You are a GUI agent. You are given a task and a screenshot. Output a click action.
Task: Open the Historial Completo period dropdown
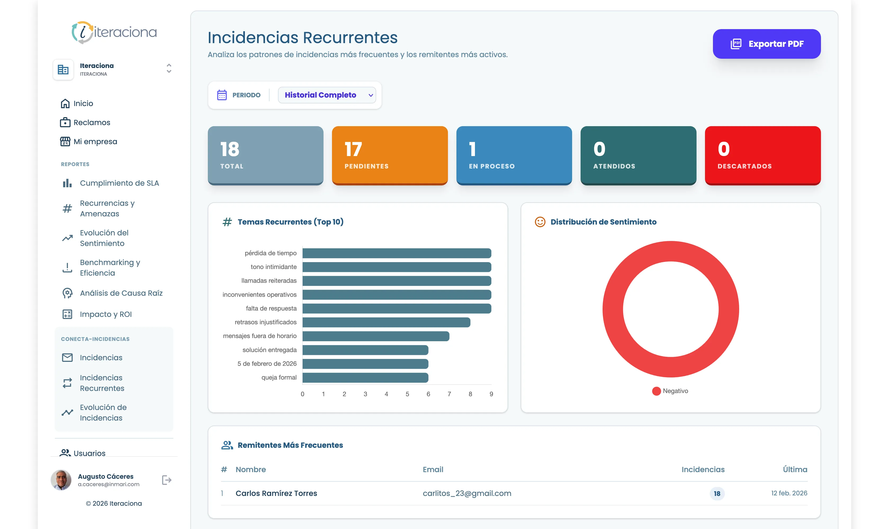click(326, 95)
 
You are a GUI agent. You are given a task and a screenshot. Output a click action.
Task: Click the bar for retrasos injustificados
click(386, 322)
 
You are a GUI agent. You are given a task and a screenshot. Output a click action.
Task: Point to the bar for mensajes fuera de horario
click(376, 336)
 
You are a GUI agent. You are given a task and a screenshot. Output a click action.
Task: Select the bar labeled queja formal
click(365, 377)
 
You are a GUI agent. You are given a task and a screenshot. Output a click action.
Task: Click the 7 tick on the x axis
click(449, 394)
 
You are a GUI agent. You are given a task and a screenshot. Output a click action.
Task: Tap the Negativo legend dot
click(656, 391)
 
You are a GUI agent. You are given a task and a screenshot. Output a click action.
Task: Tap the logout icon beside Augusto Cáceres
click(167, 480)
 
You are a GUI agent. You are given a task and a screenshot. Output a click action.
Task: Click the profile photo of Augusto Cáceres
click(61, 480)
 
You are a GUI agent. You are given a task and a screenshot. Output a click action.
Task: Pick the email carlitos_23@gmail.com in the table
click(467, 493)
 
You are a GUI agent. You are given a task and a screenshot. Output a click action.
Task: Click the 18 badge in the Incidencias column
click(717, 494)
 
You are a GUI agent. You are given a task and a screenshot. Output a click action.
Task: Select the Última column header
click(795, 469)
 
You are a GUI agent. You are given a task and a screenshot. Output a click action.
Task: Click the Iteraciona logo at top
click(114, 33)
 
